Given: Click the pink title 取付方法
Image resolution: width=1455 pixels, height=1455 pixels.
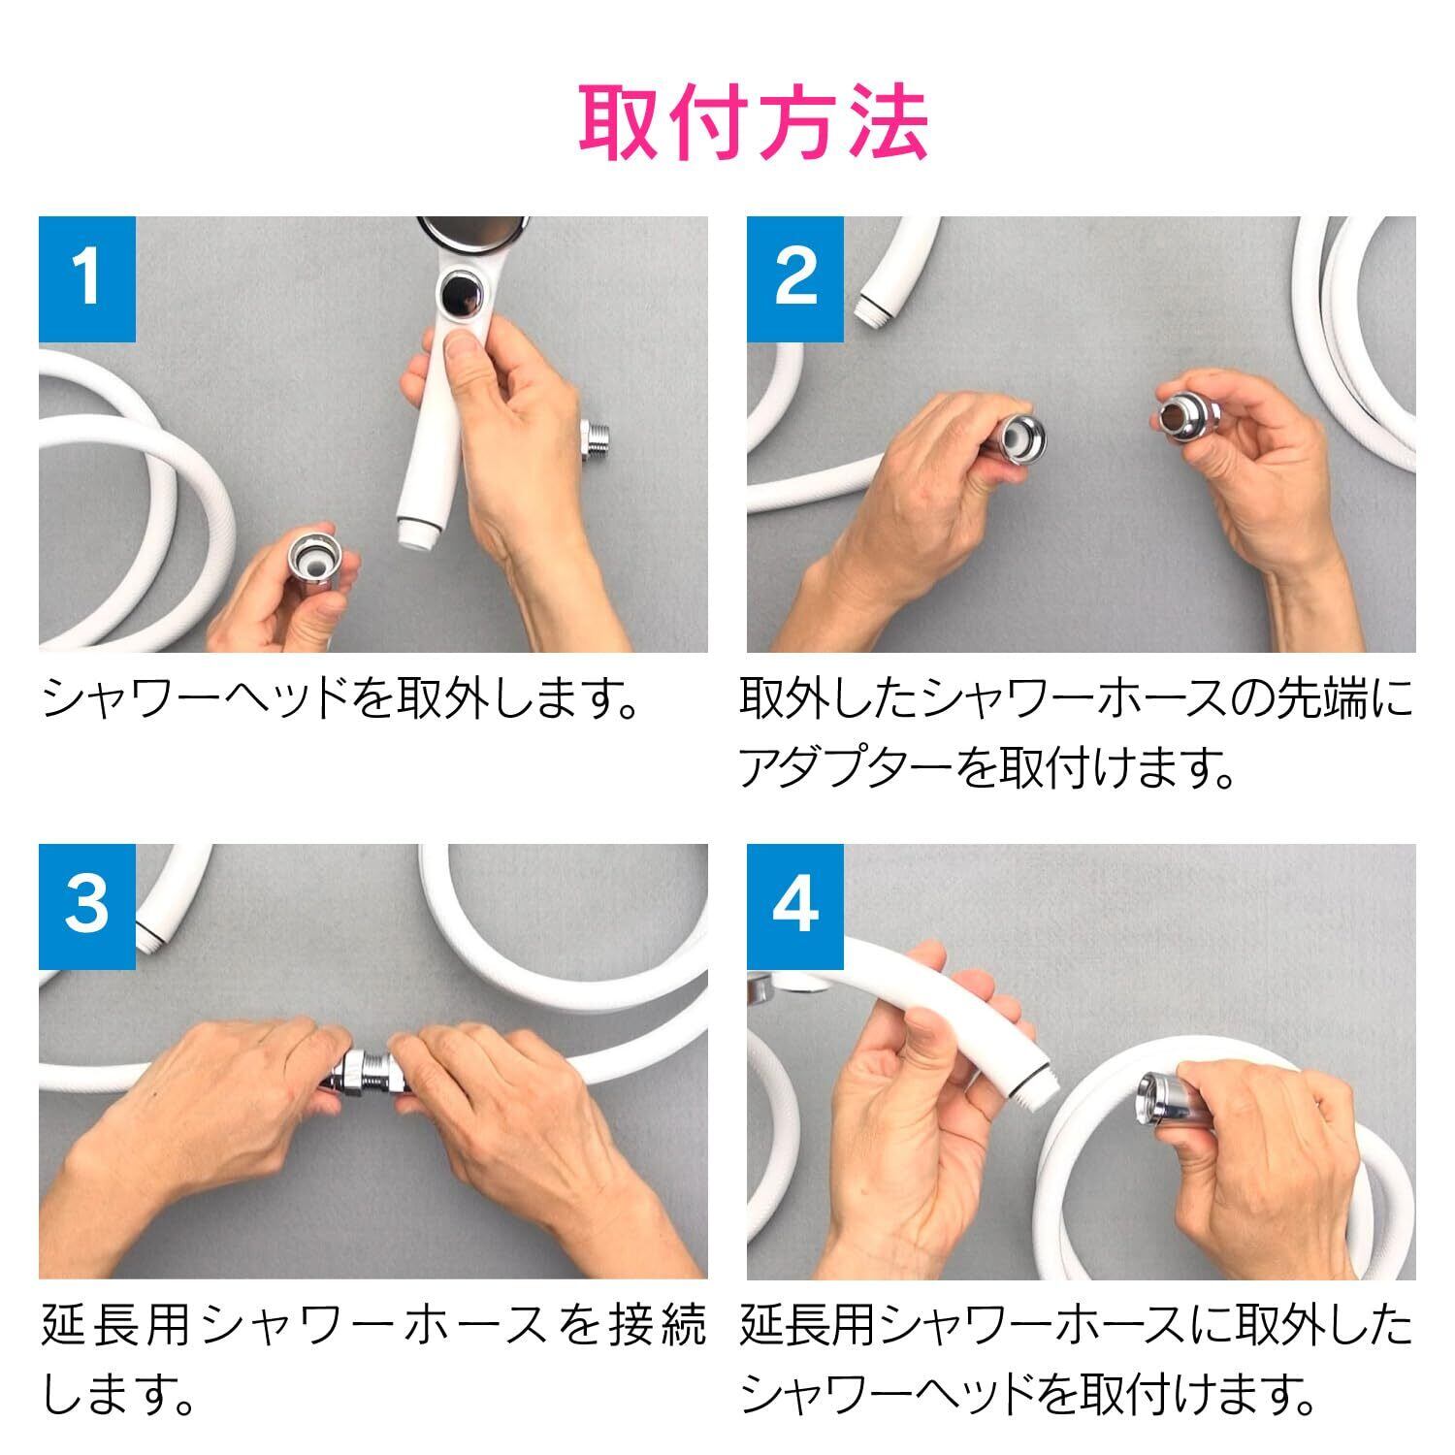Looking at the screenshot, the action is coord(754,125).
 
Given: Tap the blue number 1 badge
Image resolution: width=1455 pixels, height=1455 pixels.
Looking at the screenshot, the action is coord(87,279).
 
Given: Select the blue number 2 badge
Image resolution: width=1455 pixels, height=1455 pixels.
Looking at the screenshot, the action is coord(795,279).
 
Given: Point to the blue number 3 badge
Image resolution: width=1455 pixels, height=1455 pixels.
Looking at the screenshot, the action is coord(87,906).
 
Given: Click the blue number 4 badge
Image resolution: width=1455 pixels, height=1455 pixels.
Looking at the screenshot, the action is coord(795,906).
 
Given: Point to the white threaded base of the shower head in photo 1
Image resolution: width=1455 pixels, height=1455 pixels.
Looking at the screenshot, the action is coord(419,533).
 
